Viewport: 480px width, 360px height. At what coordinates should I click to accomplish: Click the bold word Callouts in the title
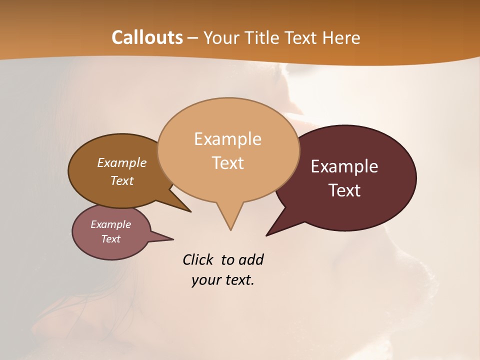coord(147,37)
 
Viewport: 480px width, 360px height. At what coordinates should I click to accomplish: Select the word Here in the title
coord(341,37)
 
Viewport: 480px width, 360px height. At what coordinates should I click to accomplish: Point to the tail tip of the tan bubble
coord(230,229)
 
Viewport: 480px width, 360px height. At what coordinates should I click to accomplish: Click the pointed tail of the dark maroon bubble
coord(267,235)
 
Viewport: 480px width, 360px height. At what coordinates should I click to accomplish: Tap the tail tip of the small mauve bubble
coord(172,239)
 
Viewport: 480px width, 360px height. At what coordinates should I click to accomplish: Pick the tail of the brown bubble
coord(189,211)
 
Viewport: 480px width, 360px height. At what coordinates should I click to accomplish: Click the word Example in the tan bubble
coord(227,139)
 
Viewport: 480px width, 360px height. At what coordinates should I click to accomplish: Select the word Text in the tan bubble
coord(227,163)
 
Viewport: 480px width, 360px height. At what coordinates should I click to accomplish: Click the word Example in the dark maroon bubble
coord(344,166)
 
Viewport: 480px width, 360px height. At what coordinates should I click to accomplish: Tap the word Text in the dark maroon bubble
coord(344,190)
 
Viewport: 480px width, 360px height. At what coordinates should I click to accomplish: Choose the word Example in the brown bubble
coord(121,162)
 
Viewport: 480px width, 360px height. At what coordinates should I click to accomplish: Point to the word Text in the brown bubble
coord(121,180)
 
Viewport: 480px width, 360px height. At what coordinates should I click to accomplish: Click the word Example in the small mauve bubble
coord(110,224)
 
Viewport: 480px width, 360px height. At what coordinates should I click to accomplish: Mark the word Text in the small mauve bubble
coord(110,239)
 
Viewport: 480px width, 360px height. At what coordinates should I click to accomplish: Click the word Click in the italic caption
coord(199,259)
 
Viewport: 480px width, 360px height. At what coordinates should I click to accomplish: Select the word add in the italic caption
coord(251,259)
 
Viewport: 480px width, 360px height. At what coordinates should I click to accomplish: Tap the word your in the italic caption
coord(205,280)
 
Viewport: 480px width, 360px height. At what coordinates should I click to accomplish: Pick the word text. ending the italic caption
coord(238,280)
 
